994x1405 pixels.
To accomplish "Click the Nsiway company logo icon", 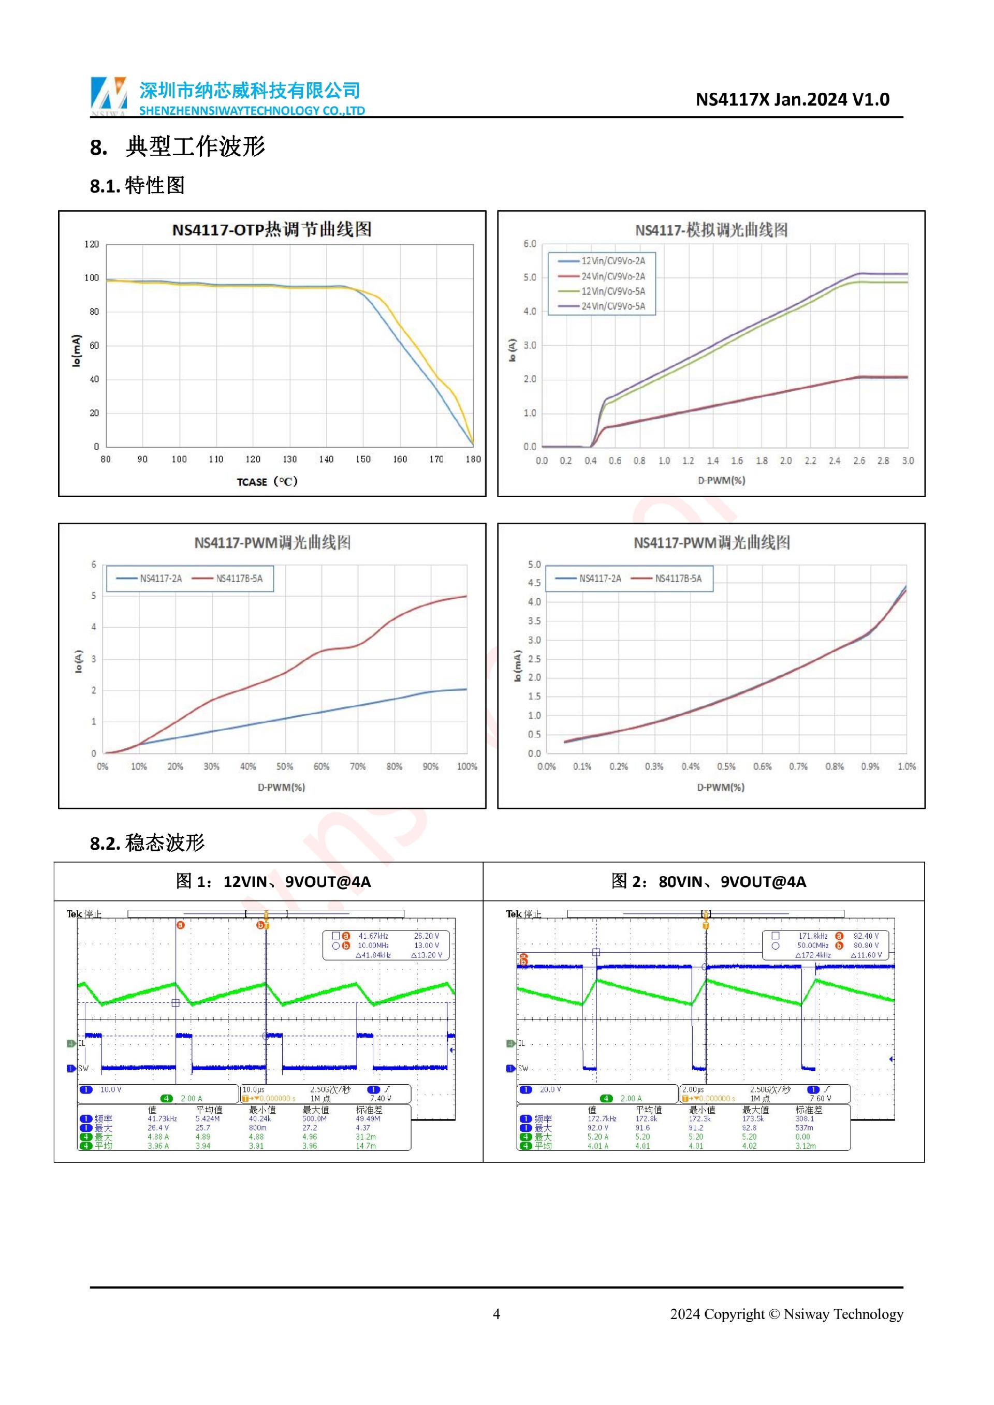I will coord(108,95).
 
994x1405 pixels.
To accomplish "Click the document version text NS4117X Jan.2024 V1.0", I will coord(792,99).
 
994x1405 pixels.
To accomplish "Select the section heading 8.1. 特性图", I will coord(137,185).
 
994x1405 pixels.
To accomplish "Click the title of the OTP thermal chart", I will coord(272,229).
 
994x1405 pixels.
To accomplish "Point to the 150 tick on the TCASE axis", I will coord(363,460).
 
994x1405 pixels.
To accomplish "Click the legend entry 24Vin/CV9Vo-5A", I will coord(612,306).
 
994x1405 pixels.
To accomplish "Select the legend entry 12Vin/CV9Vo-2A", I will coord(612,261).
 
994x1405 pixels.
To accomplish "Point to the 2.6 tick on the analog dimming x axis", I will coord(859,461).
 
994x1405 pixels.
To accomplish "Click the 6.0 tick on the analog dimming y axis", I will coord(530,244).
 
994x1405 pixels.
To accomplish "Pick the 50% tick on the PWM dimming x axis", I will coord(285,766).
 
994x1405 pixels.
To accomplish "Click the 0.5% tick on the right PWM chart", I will coord(726,766).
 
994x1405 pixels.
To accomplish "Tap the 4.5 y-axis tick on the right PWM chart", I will coord(534,583).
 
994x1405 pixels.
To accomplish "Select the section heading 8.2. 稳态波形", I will coord(147,843).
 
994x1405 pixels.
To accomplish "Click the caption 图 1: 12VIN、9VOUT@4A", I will coord(273,881).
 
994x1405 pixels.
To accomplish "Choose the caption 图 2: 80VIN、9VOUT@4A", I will coord(708,881).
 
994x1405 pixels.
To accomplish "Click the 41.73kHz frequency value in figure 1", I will coord(162,1119).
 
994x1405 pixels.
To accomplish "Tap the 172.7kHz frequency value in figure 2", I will coord(602,1119).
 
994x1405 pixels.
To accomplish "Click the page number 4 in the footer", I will coord(496,1314).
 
